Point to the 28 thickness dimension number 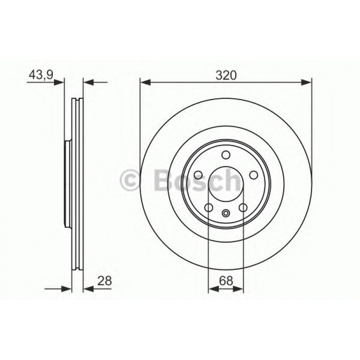pyautogui.click(x=104, y=281)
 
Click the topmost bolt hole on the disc pyautogui.click(x=226, y=155)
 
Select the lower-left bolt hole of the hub pyautogui.click(x=208, y=208)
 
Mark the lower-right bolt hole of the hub pyautogui.click(x=243, y=208)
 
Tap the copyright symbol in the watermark pyautogui.click(x=131, y=181)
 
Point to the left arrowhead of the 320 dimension pyautogui.click(x=144, y=82)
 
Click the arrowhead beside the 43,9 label pyautogui.click(x=60, y=82)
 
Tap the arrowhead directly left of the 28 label pyautogui.click(x=88, y=289)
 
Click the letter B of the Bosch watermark pyautogui.click(x=162, y=181)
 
